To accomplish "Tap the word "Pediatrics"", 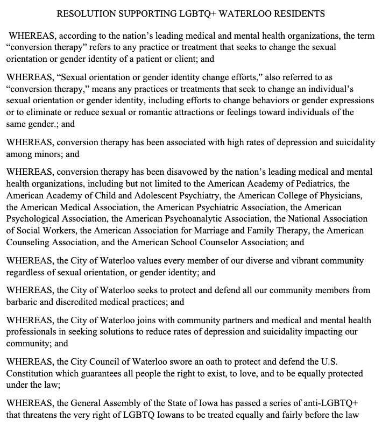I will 314,183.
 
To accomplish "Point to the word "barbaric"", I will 22,302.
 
